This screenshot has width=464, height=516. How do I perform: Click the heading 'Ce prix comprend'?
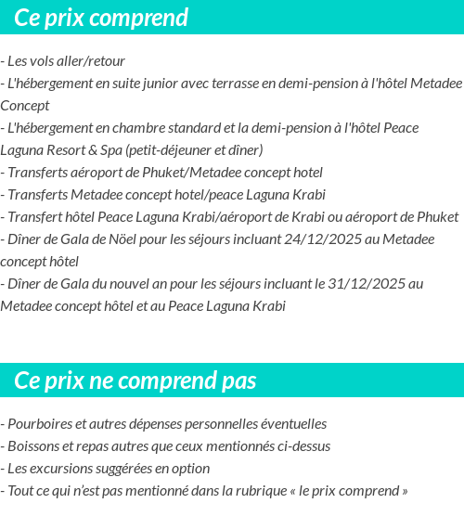click(x=101, y=18)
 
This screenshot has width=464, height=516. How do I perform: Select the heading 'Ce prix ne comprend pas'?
click(x=135, y=381)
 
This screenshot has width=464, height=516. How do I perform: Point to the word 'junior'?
click(x=157, y=84)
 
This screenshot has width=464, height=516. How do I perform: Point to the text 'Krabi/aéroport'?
click(x=236, y=217)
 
